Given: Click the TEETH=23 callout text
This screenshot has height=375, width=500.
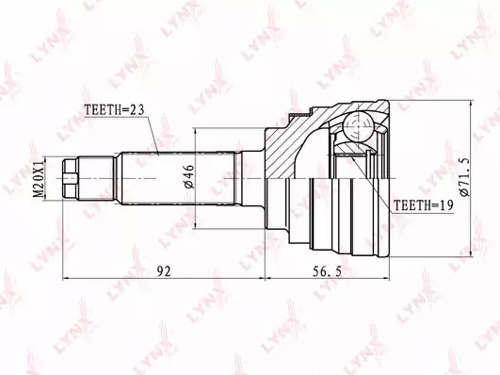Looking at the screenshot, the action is pyautogui.click(x=114, y=110).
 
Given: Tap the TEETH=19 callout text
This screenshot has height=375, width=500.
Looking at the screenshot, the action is pyautogui.click(x=423, y=205).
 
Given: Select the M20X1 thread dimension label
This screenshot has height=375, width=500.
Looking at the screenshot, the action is pyautogui.click(x=39, y=179).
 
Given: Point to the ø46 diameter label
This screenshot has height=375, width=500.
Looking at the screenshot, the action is pyautogui.click(x=188, y=177).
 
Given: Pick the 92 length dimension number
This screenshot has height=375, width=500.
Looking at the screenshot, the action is pyautogui.click(x=164, y=271).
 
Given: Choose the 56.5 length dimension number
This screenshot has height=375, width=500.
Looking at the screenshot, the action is pyautogui.click(x=327, y=271).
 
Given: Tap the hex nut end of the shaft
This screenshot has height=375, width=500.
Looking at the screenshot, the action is pyautogui.click(x=71, y=179).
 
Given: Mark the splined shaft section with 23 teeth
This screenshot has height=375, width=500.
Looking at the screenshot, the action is pyautogui.click(x=179, y=179).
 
